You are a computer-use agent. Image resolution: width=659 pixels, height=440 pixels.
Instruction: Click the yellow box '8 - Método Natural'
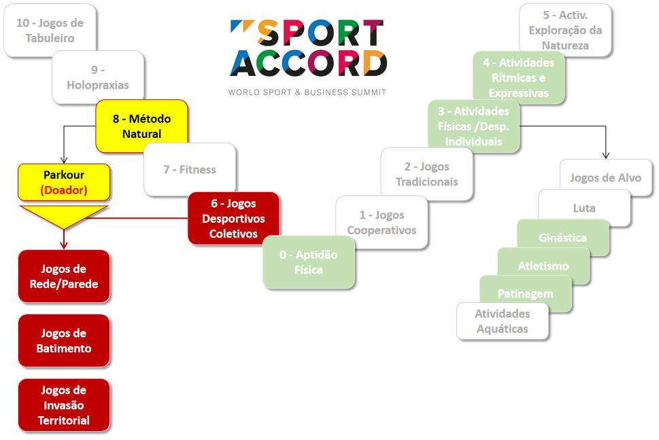tap(141, 126)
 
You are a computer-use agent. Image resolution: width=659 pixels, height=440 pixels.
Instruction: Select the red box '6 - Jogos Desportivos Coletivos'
tap(233, 219)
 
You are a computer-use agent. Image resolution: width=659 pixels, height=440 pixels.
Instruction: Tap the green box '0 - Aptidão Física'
tap(309, 262)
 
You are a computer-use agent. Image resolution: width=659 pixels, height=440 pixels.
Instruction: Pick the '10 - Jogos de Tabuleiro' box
tap(50, 31)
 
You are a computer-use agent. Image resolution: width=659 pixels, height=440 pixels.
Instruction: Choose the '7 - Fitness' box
tap(190, 169)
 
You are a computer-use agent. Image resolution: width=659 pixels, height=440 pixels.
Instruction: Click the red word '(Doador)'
tap(64, 190)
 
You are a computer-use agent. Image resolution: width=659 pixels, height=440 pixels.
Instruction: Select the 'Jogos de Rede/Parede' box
tap(64, 276)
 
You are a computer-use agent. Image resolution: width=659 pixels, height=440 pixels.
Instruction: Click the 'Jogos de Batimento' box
tap(64, 341)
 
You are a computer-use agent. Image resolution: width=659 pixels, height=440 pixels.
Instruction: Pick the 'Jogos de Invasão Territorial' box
tap(64, 405)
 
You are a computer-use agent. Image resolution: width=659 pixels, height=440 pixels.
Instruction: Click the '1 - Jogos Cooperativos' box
tap(382, 223)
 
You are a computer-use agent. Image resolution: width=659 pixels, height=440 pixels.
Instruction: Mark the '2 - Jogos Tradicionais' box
tap(426, 174)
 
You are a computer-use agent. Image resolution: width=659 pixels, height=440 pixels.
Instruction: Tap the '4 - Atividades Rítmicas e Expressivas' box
tap(519, 77)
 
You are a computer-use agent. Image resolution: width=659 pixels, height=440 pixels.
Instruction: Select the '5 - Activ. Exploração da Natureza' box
tap(565, 31)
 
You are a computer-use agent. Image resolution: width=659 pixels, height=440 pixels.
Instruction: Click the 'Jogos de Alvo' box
tap(605, 178)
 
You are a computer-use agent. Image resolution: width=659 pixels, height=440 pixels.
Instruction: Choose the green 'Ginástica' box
tap(562, 238)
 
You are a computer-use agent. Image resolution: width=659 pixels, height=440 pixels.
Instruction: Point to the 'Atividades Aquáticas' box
tap(503, 321)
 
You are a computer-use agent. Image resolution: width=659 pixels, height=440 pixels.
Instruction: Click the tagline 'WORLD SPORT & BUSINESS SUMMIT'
tap(307, 92)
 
